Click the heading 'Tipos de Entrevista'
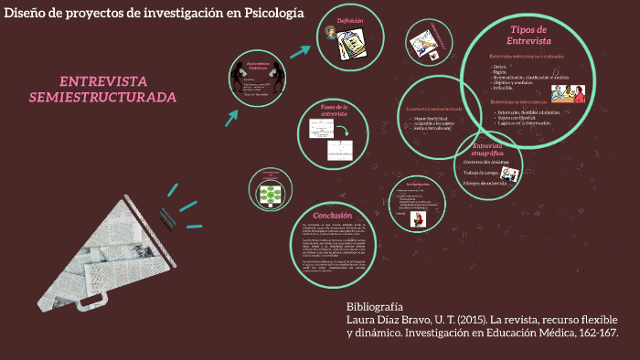(x=528, y=36)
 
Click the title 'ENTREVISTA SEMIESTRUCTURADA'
(x=102, y=89)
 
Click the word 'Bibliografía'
(x=374, y=305)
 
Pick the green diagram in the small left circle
(x=270, y=194)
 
